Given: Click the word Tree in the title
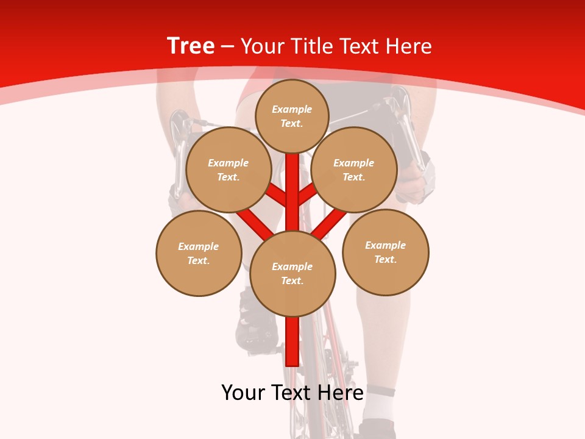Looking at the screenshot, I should [x=191, y=46].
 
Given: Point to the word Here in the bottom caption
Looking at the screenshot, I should [x=339, y=393].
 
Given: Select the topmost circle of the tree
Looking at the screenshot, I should [x=292, y=116].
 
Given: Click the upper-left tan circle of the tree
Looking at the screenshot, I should [x=229, y=170].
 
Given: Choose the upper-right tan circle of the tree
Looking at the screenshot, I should [x=354, y=170].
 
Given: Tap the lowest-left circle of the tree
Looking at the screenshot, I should [x=199, y=253].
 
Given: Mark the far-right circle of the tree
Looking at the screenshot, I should [x=386, y=252].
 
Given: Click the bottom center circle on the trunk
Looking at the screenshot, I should [x=292, y=273].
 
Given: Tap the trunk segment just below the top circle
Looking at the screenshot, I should [x=292, y=177].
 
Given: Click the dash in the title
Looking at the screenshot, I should [x=228, y=46].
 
